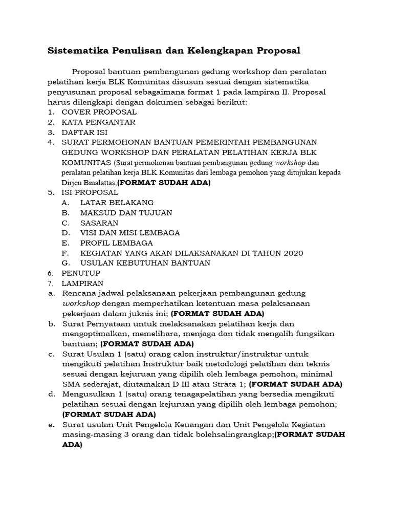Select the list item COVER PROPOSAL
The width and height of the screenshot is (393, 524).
(x=99, y=112)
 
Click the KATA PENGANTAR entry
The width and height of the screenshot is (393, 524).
(x=98, y=122)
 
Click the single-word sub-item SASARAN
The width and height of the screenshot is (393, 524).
(x=99, y=223)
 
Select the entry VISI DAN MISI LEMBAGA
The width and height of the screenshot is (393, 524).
(x=130, y=233)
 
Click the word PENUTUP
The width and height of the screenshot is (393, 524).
(x=81, y=273)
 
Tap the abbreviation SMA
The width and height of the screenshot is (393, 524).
(x=71, y=384)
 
